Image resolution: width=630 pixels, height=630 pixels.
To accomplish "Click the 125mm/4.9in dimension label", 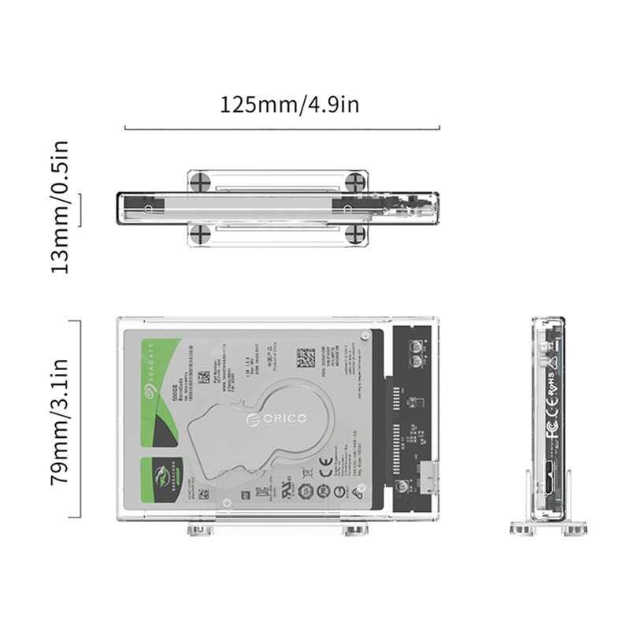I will click(x=289, y=104).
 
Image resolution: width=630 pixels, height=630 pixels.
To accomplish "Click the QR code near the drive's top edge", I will click(x=306, y=359).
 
